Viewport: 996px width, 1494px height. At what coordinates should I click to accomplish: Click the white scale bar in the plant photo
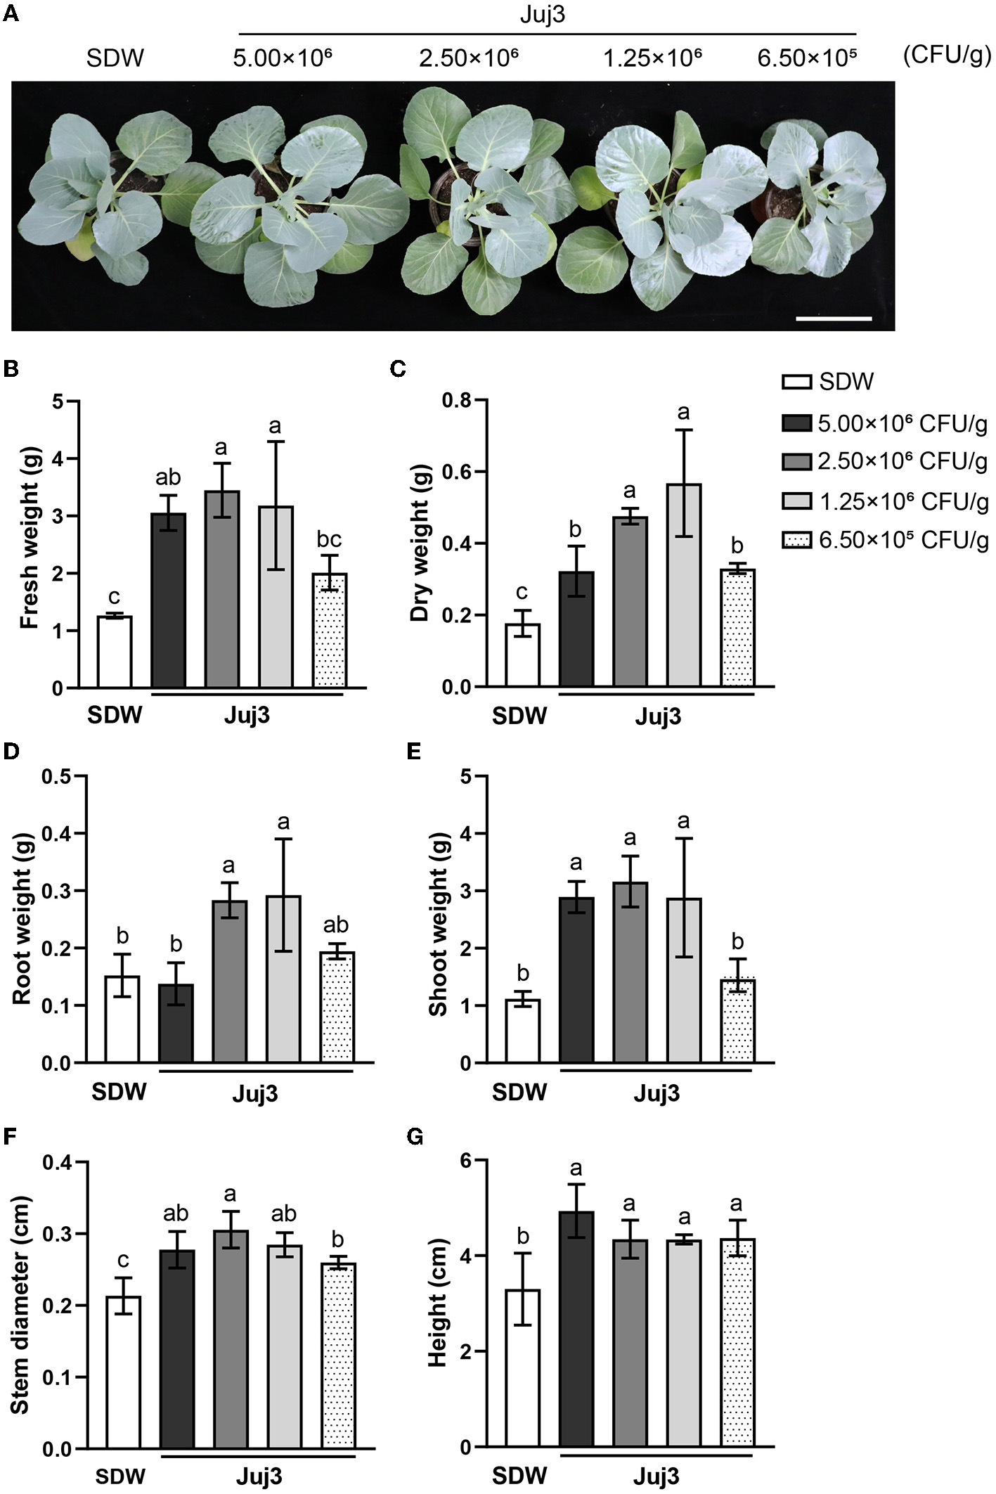(x=834, y=319)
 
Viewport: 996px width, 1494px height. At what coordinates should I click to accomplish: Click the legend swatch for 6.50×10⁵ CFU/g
(x=796, y=540)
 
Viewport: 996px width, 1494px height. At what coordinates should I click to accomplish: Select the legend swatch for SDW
(x=796, y=382)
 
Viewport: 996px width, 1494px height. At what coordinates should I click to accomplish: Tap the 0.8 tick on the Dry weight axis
(x=461, y=401)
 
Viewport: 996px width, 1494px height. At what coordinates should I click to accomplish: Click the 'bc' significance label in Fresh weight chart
(x=329, y=539)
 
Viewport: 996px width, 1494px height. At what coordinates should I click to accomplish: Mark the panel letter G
(x=415, y=1137)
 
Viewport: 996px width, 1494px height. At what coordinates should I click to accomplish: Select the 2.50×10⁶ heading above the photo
(x=468, y=58)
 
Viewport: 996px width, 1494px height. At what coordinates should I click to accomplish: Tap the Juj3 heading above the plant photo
(x=542, y=15)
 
